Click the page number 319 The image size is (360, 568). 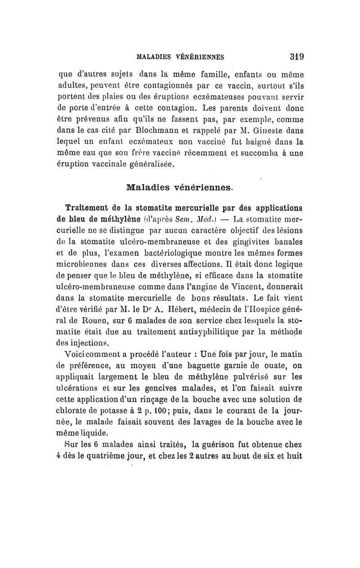pos(297,57)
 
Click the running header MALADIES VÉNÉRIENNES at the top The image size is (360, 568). pos(180,58)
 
